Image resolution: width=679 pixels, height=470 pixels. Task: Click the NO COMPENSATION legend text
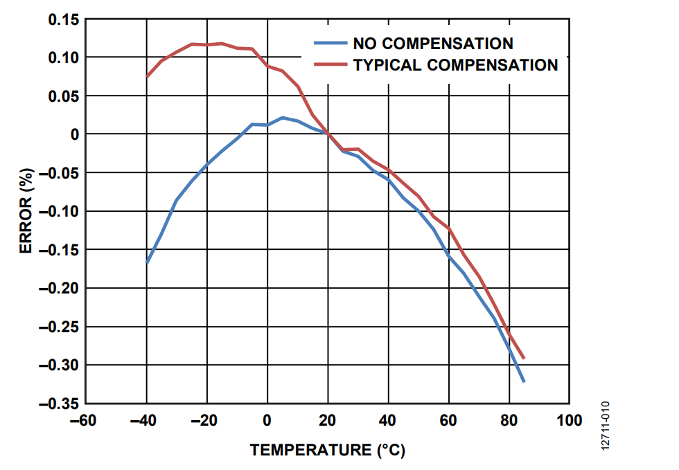pyautogui.click(x=433, y=44)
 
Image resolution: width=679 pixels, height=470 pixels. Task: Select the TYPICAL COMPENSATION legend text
pyautogui.click(x=455, y=65)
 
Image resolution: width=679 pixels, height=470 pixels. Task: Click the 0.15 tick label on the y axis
pyautogui.click(x=63, y=19)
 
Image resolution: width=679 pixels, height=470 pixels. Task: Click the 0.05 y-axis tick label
pyautogui.click(x=63, y=96)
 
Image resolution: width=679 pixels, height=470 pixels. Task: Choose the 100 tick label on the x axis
pyautogui.click(x=570, y=419)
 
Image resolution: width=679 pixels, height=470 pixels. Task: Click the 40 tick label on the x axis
pyautogui.click(x=388, y=419)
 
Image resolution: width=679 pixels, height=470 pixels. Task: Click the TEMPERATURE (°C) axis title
pyautogui.click(x=328, y=450)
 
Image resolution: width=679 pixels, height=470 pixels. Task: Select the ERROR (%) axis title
pyautogui.click(x=25, y=211)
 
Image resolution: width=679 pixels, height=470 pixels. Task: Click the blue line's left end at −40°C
pyautogui.click(x=147, y=263)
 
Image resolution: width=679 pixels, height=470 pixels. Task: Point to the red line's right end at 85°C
pyautogui.click(x=524, y=359)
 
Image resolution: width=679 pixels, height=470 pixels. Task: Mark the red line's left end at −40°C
pyautogui.click(x=147, y=76)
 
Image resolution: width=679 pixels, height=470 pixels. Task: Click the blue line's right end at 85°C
pyautogui.click(x=524, y=381)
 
